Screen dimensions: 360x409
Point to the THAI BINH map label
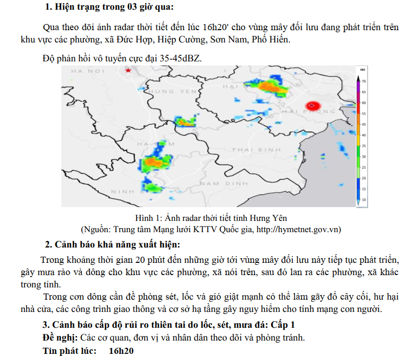click(x=256, y=149)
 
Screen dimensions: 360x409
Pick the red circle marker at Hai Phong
click(x=312, y=106)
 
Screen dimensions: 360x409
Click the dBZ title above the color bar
click(x=362, y=69)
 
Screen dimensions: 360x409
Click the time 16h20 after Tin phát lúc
click(x=121, y=351)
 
